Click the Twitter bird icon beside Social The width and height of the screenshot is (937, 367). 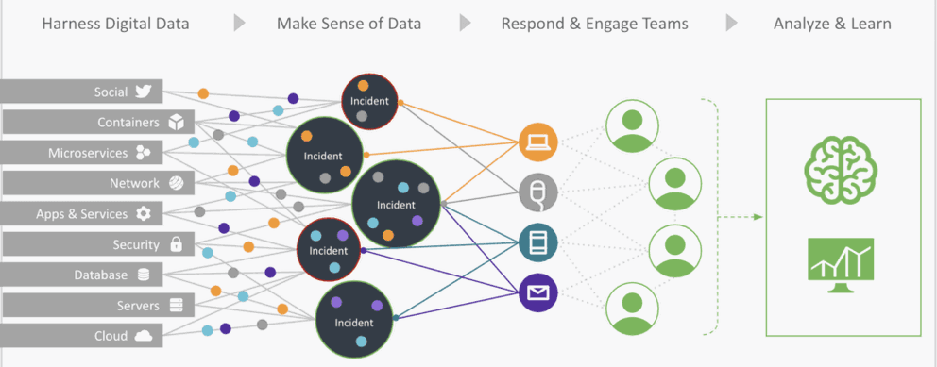coord(144,92)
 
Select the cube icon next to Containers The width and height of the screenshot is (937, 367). coord(175,122)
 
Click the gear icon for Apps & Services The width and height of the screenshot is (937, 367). coord(144,213)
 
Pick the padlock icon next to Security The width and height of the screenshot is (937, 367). coord(175,244)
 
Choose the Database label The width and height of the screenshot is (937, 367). coord(101,275)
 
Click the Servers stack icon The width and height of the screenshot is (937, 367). coord(175,305)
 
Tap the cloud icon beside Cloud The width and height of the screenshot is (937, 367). coord(144,336)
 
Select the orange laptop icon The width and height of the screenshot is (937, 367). coord(538,143)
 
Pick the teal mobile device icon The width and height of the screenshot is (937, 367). coord(538,242)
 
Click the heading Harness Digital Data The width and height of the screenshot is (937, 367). coord(114,23)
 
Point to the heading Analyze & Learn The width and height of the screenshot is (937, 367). coord(832,23)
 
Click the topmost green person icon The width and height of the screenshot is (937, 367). coord(628,127)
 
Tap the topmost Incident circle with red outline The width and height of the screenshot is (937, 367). coord(370,99)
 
